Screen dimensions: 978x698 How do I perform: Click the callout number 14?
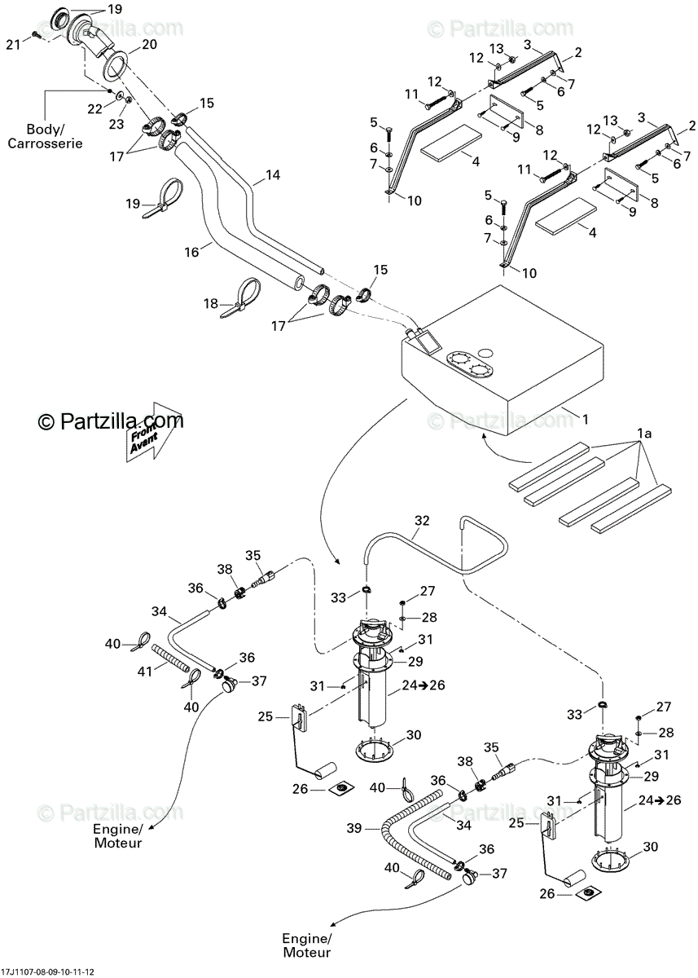coord(272,174)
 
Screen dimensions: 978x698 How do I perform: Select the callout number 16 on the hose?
coord(191,253)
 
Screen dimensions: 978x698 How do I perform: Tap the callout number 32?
coord(422,519)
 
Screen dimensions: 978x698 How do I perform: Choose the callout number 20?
coord(149,45)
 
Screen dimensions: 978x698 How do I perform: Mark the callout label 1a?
coord(645,434)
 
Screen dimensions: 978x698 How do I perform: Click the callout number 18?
coord(211,304)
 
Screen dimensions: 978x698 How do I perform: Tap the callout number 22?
coord(94,108)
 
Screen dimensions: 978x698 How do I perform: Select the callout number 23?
coord(116,125)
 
